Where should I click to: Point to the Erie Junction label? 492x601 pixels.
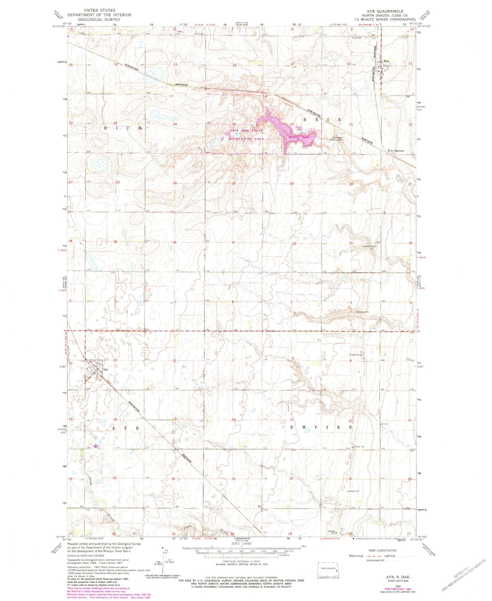click(x=396, y=151)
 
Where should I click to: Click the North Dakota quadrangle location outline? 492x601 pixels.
click(x=328, y=569)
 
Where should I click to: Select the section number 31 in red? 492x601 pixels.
click(x=234, y=242)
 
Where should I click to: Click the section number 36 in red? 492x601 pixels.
click(x=175, y=242)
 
